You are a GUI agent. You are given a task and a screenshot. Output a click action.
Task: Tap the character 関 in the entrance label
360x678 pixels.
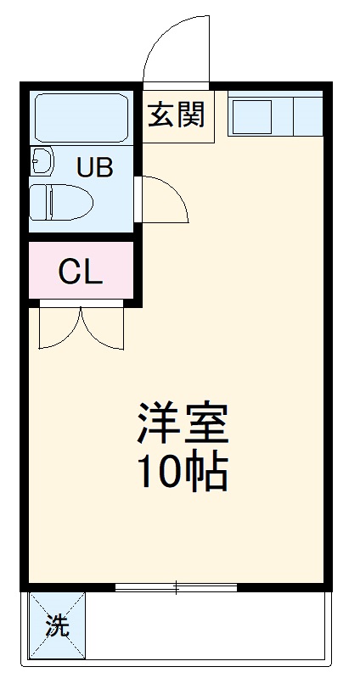(x=192, y=115)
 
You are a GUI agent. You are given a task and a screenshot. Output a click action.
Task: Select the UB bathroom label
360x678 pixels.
(x=93, y=167)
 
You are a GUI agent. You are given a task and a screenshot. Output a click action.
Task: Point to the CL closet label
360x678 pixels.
(x=81, y=272)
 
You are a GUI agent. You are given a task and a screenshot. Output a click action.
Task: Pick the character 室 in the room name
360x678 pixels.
(x=206, y=425)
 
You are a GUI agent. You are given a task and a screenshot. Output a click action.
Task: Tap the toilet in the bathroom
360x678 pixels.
(x=61, y=202)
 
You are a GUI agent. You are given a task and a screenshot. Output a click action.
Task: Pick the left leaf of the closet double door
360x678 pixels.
(x=59, y=327)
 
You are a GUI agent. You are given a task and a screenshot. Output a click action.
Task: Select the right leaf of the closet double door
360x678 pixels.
(x=103, y=327)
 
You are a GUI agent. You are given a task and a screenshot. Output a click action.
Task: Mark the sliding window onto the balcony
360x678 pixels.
(x=176, y=586)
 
